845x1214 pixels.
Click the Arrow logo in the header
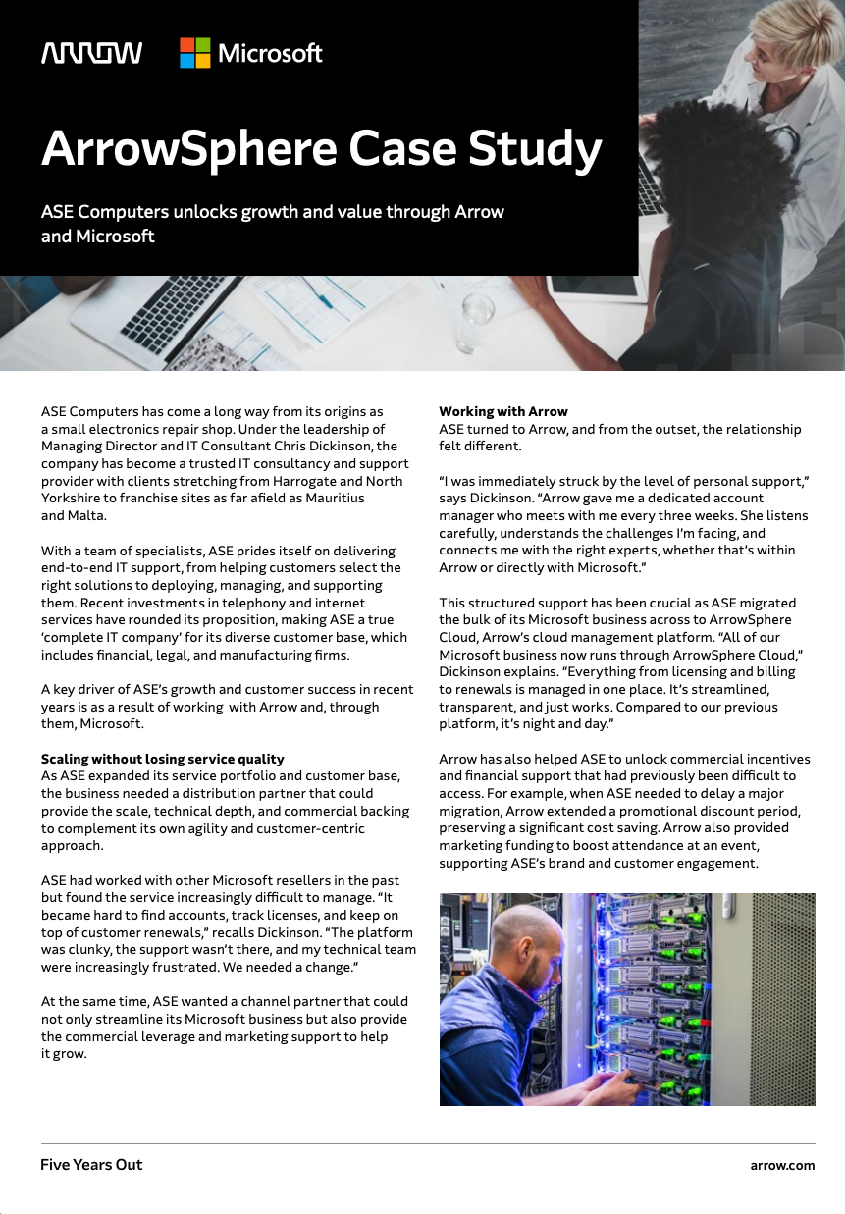91,53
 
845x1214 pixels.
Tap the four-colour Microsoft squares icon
194,53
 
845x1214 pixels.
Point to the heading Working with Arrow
502,411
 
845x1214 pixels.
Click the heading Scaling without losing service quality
162,759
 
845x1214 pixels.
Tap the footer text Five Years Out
91,1165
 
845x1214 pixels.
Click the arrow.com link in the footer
782,1165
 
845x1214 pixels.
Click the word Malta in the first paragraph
87,515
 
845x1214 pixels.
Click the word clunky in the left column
119,950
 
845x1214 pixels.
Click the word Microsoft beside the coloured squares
270,53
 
